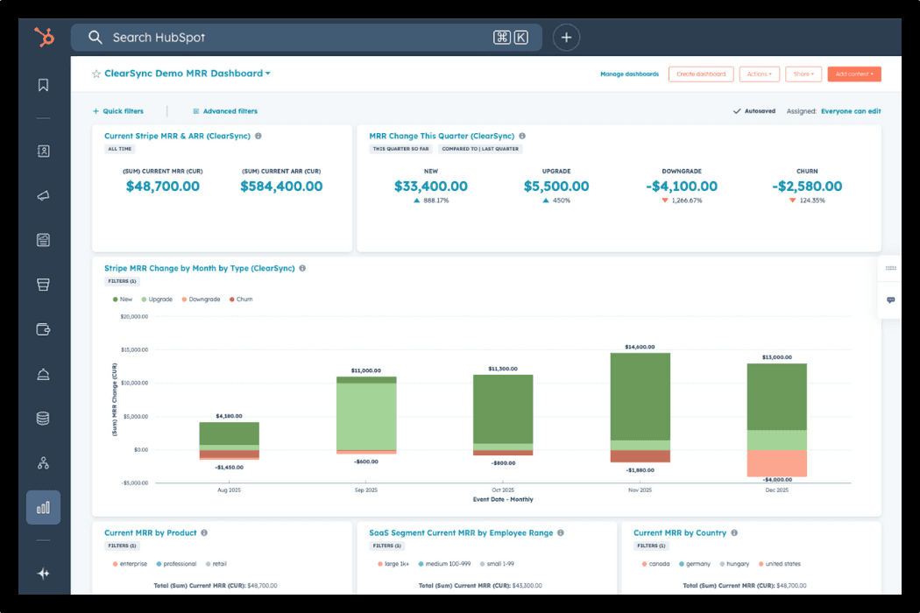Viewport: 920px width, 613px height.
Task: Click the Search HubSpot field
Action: [x=298, y=38]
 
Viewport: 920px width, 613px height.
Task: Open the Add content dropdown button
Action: [x=853, y=74]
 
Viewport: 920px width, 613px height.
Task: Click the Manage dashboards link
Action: [x=629, y=74]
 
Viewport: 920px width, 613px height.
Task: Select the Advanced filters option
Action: [x=230, y=111]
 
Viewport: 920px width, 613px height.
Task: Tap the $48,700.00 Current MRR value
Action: [x=163, y=187]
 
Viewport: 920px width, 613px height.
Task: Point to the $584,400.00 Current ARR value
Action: [x=281, y=187]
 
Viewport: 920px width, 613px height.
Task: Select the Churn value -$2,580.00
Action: [x=807, y=187]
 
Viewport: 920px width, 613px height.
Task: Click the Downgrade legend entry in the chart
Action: [x=204, y=299]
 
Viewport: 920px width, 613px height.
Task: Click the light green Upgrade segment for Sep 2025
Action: [x=366, y=416]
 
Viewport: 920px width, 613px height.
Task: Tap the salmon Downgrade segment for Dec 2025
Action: [x=776, y=462]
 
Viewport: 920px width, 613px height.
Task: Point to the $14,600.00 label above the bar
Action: [x=640, y=348]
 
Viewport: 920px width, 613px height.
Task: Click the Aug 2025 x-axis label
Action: [x=229, y=490]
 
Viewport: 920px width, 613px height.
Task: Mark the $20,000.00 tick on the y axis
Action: [x=134, y=317]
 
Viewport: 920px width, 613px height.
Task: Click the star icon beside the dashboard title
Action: [x=96, y=74]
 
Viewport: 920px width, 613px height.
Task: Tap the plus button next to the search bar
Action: [x=567, y=38]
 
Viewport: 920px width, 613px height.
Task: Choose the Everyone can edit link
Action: [x=851, y=111]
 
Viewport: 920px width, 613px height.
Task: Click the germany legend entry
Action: [x=697, y=564]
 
